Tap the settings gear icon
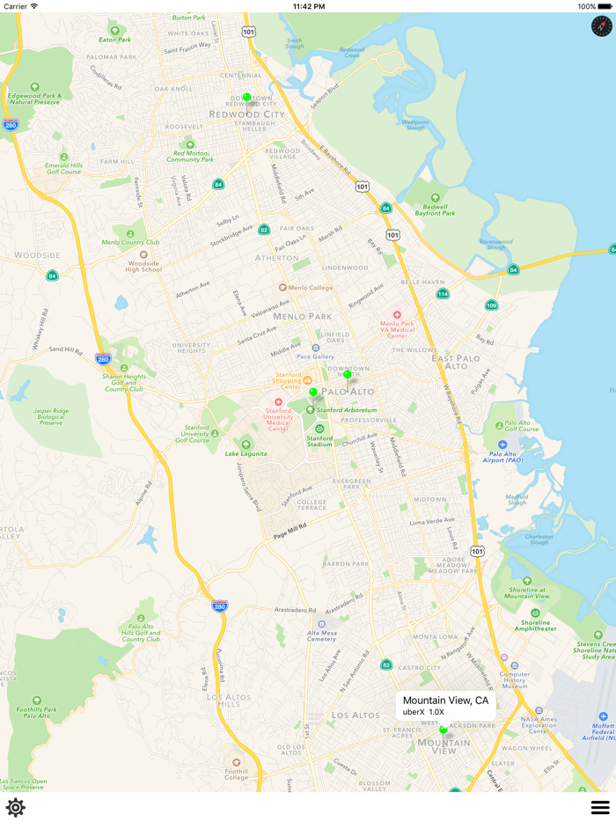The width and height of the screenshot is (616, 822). click(x=15, y=807)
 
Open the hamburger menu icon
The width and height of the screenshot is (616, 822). click(x=600, y=807)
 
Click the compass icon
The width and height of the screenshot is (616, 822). click(x=601, y=26)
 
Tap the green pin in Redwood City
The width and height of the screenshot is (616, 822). click(x=247, y=98)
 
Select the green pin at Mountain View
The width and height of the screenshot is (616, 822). click(x=444, y=729)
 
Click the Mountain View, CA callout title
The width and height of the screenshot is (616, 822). click(x=445, y=701)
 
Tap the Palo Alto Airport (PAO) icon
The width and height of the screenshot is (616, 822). click(x=502, y=445)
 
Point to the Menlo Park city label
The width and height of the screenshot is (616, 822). click(x=302, y=316)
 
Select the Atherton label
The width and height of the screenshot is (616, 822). click(x=276, y=258)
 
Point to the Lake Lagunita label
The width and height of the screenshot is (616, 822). click(x=245, y=454)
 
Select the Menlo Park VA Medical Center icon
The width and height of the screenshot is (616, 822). click(x=397, y=315)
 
